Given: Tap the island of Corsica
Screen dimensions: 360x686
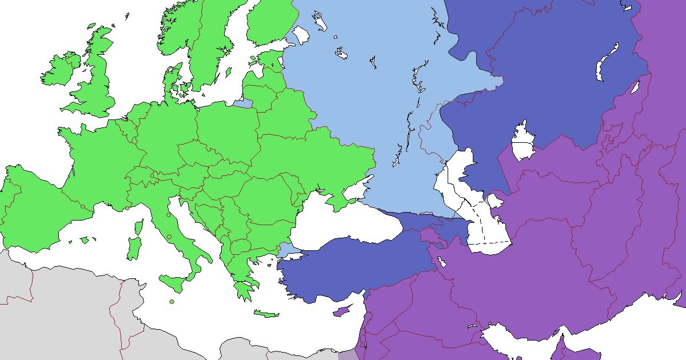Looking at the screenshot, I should pos(137,227).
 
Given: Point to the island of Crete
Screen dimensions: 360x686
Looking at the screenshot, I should pos(266,314).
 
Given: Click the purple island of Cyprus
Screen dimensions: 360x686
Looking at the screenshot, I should pos(341,311).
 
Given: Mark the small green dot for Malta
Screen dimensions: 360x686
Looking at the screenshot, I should pos(171,302).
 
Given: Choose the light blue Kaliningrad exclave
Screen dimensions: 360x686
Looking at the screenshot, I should pos(243,103).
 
